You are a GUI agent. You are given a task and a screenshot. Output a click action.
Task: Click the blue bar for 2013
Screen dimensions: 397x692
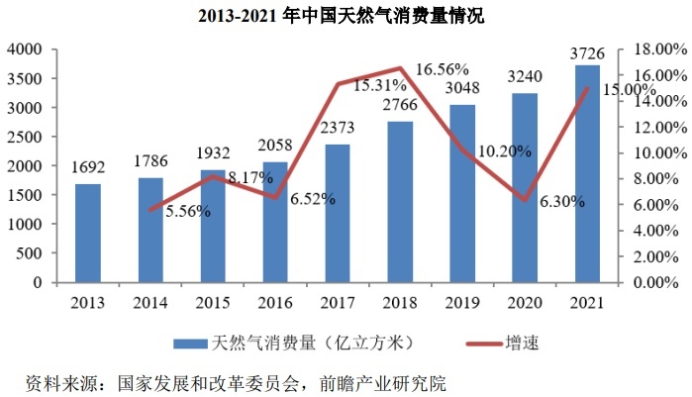87,233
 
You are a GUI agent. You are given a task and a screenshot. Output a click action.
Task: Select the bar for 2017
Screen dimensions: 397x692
338,213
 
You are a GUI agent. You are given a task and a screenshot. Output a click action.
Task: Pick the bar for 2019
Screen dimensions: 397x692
462,193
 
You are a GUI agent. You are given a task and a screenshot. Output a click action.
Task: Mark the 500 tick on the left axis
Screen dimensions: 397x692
33,253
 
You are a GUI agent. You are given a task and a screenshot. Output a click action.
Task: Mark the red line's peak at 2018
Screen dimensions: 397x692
401,68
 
